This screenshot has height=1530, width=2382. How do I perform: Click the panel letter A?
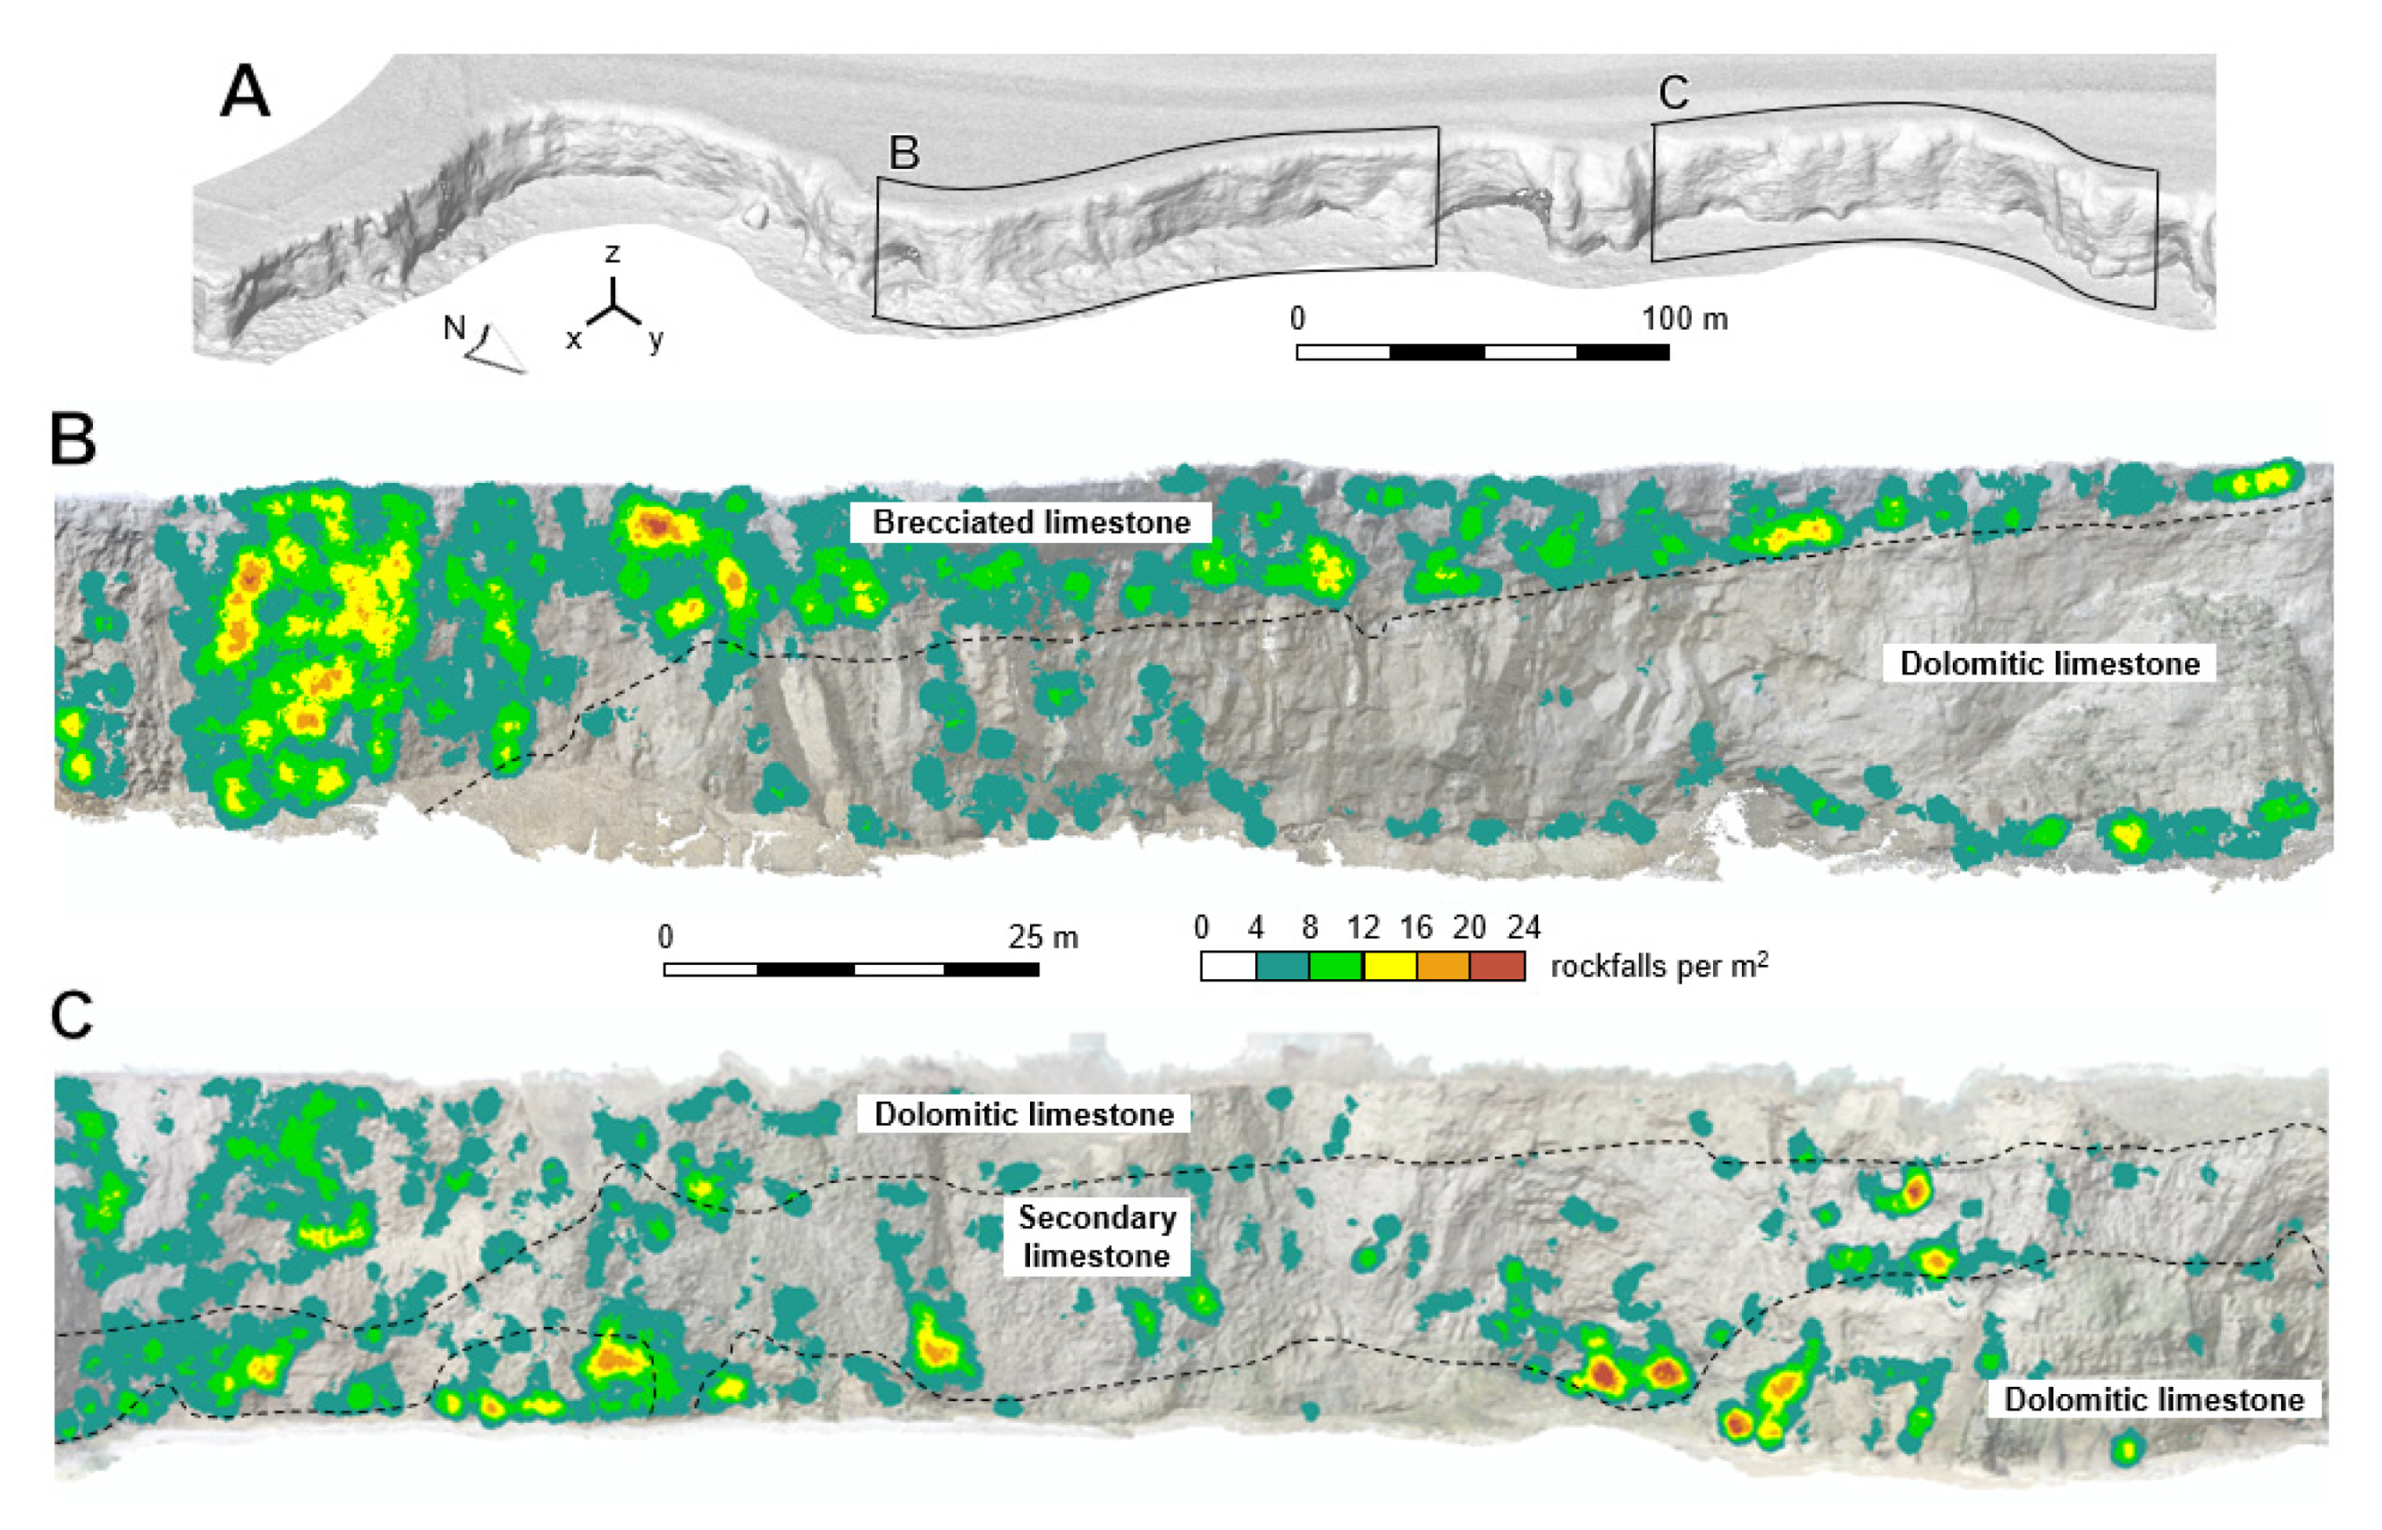click(x=244, y=92)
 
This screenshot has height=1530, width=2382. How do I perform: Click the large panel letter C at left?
click(x=72, y=1015)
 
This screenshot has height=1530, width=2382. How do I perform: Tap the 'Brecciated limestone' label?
click(x=1031, y=522)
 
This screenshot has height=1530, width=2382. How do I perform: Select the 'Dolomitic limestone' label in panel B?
click(x=2049, y=664)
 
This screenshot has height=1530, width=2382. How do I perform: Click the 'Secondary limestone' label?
click(x=1096, y=1236)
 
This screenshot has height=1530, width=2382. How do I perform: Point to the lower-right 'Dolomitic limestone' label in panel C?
click(x=2153, y=1399)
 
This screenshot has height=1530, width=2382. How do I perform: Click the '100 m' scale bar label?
click(x=1684, y=319)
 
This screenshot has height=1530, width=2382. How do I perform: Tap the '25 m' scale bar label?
click(x=1042, y=937)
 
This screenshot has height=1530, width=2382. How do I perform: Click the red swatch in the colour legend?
click(x=1497, y=966)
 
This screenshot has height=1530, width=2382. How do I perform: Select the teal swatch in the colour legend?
click(x=1282, y=966)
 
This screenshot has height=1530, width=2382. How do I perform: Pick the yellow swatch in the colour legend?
click(x=1389, y=966)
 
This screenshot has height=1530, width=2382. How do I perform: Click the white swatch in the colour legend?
click(x=1229, y=966)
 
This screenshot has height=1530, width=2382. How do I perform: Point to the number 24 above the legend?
click(x=1523, y=928)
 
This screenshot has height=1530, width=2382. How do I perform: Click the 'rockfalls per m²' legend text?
click(x=1659, y=966)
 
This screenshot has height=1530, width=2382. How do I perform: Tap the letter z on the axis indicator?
click(x=612, y=254)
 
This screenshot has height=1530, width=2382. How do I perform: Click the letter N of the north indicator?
click(x=454, y=327)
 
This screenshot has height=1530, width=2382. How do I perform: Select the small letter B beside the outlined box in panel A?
click(x=903, y=154)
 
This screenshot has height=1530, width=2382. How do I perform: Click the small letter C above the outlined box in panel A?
click(x=1674, y=93)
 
